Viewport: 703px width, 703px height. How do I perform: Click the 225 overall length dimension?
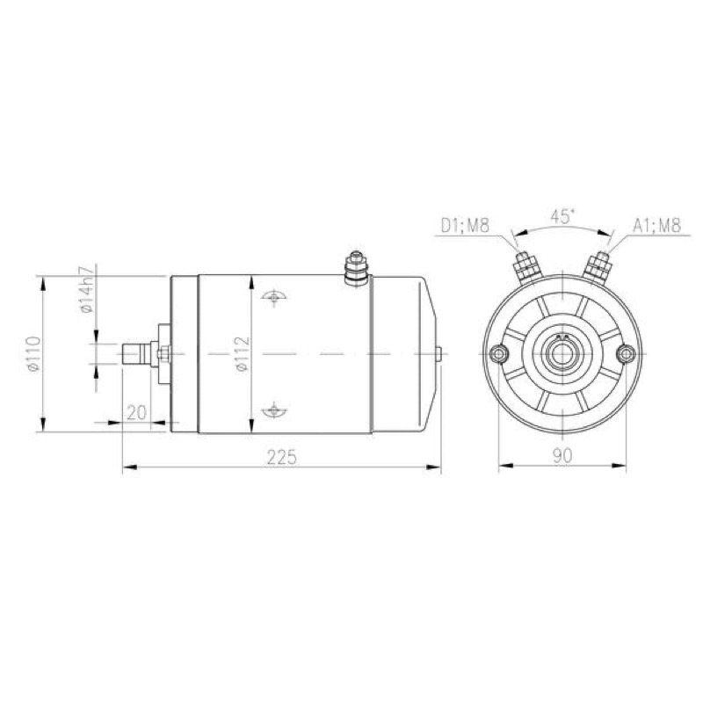[x=282, y=457]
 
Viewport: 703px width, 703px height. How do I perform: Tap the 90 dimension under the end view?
[x=562, y=455]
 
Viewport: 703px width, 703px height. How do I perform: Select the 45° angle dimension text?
[x=562, y=217]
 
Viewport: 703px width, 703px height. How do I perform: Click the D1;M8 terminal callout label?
[x=465, y=225]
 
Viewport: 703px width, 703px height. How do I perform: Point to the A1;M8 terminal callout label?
[x=656, y=225]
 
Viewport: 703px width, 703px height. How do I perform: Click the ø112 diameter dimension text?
[x=243, y=354]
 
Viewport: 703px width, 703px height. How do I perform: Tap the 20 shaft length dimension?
[x=137, y=412]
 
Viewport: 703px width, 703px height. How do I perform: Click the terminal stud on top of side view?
[x=357, y=267]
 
